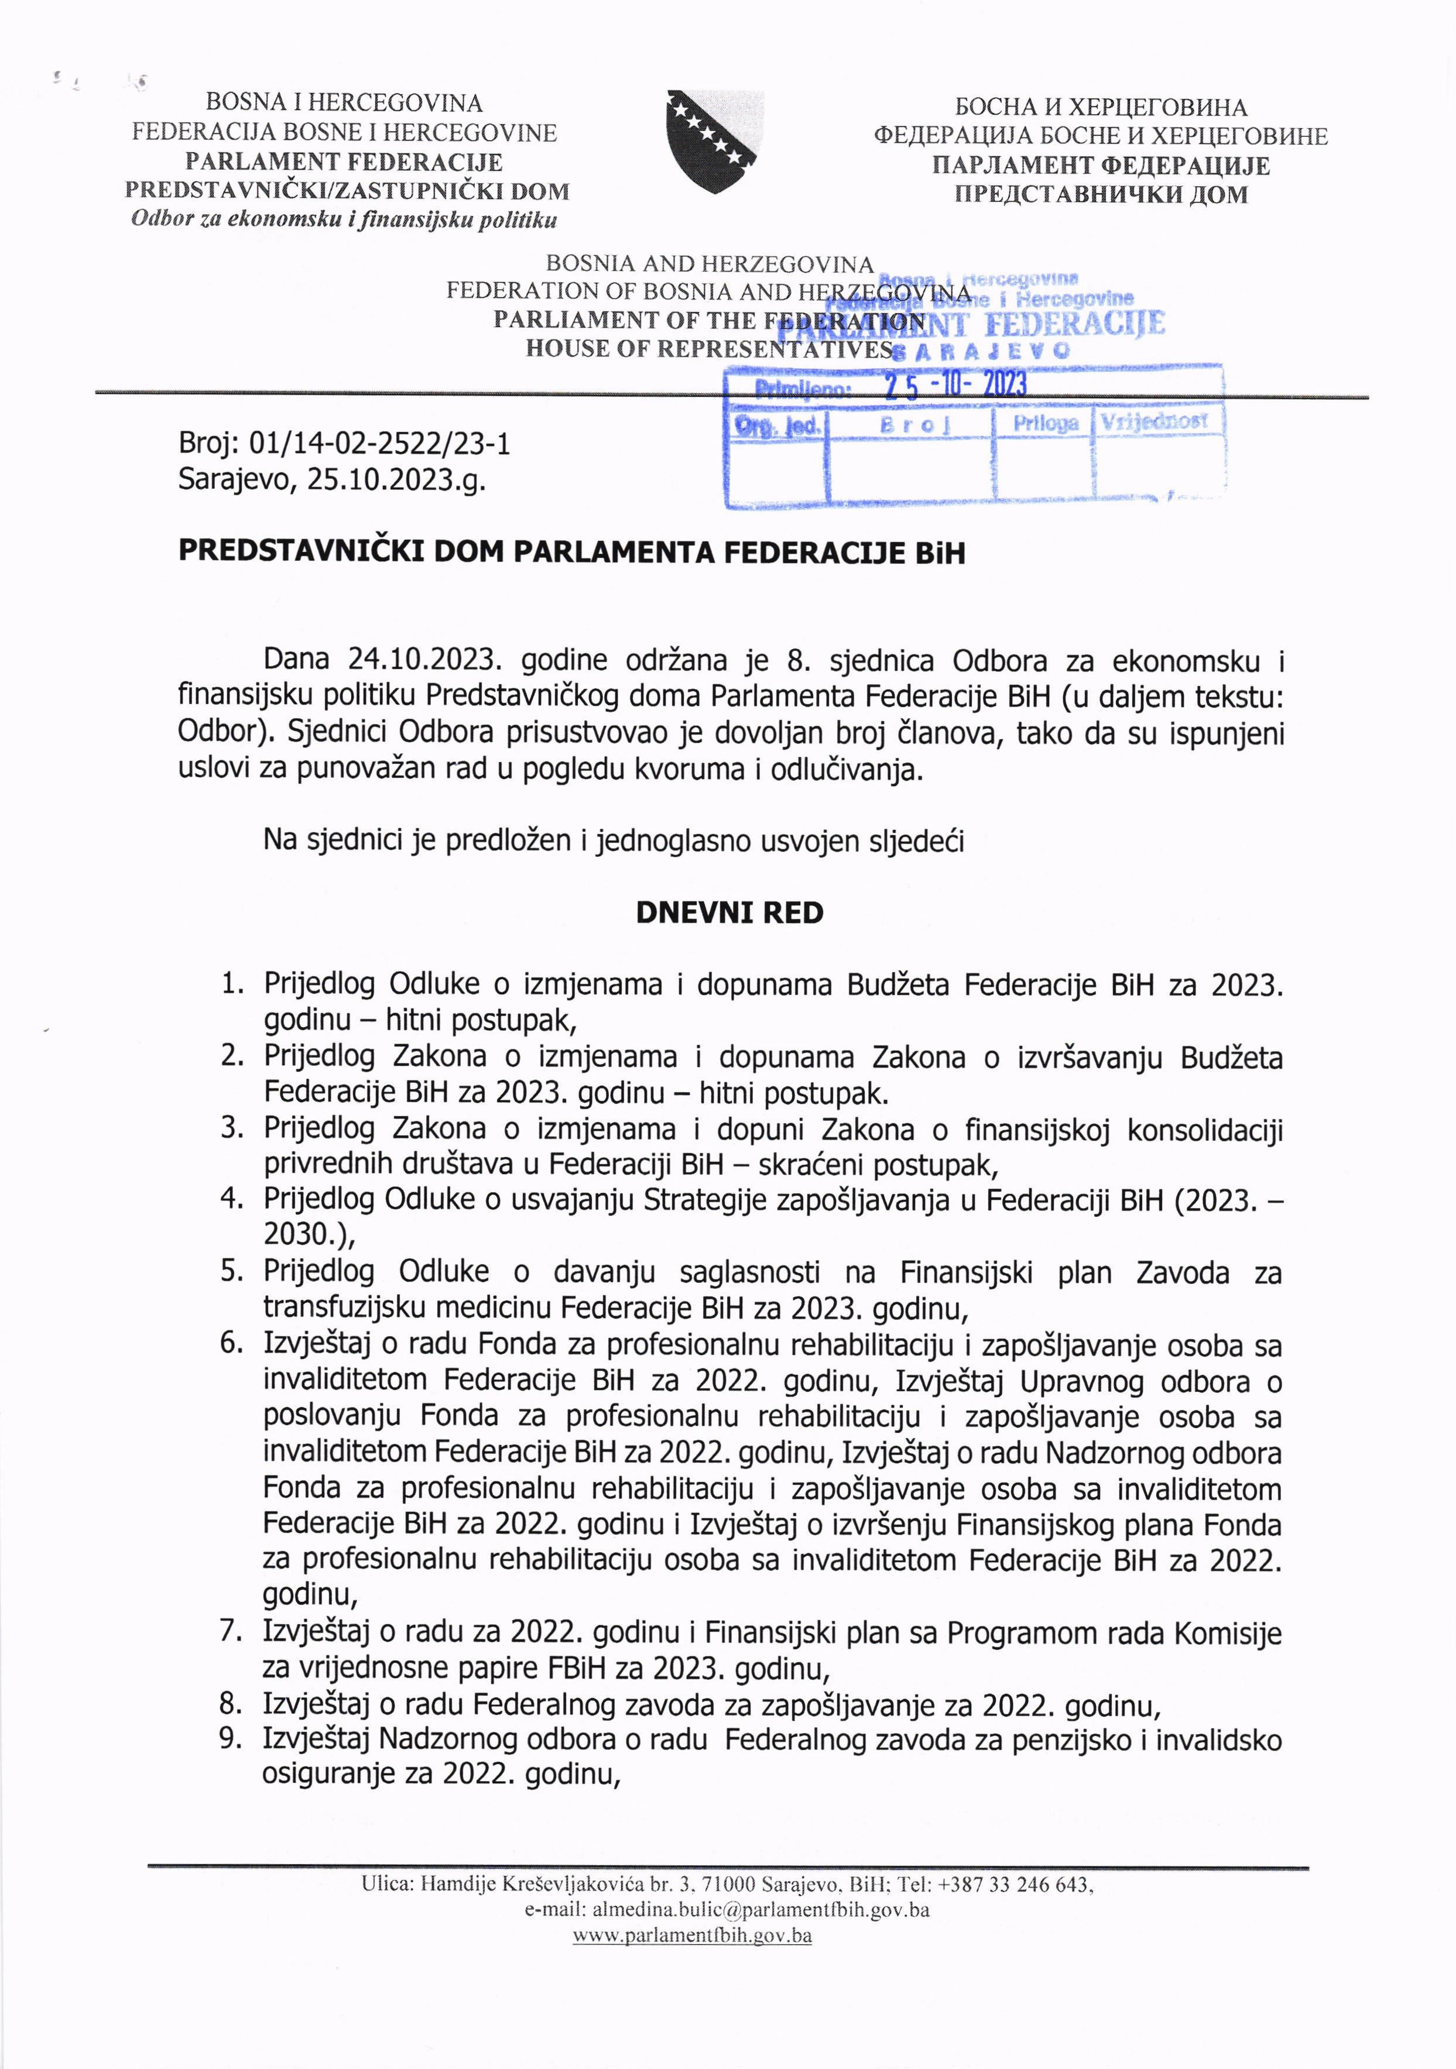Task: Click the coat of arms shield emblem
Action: click(x=715, y=142)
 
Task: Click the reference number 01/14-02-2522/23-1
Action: click(x=379, y=444)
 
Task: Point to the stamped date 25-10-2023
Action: click(x=955, y=386)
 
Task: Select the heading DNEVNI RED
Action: click(x=729, y=913)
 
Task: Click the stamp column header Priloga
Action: click(x=1045, y=423)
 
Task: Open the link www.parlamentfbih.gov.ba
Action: click(x=693, y=1935)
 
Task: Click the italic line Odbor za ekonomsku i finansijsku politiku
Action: click(x=344, y=219)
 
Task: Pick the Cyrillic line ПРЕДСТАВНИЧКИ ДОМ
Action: click(x=1101, y=195)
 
